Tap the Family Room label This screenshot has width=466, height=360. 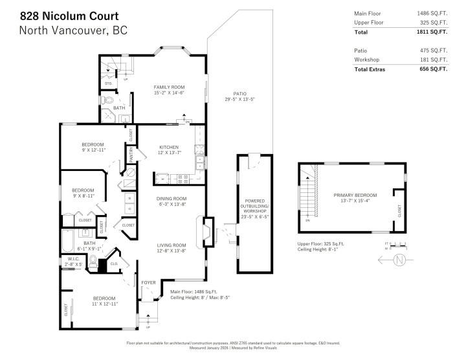tap(169, 87)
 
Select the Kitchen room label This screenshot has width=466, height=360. tap(168, 147)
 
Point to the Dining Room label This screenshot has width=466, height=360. tap(171, 198)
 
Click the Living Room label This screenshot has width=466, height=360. tap(171, 245)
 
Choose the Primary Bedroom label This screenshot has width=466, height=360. tap(355, 195)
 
